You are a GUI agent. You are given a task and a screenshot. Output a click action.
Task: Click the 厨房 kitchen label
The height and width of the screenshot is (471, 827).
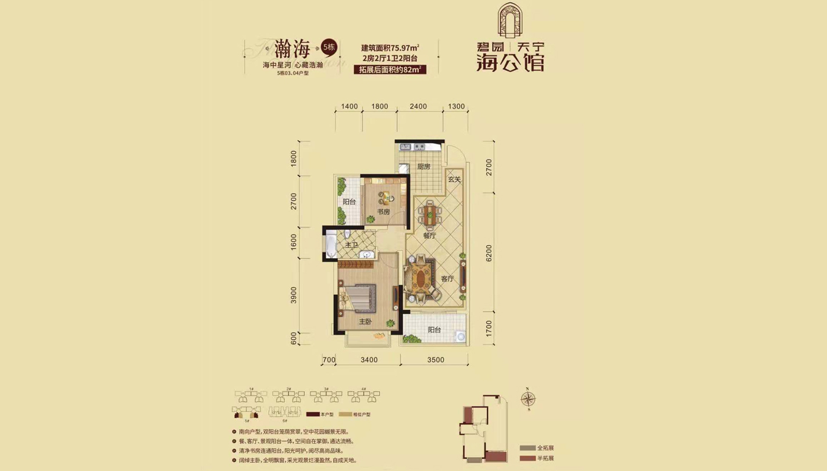(x=423, y=167)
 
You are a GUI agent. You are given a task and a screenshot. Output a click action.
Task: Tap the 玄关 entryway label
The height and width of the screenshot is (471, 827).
(x=454, y=180)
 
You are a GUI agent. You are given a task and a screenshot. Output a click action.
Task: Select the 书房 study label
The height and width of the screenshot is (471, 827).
(x=383, y=212)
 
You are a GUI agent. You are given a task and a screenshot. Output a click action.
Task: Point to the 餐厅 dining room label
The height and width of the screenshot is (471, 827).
(x=429, y=235)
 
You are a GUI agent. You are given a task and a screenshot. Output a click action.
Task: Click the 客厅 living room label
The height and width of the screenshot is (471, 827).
(x=447, y=279)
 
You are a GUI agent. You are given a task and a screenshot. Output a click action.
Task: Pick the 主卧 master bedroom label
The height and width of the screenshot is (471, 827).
(x=365, y=322)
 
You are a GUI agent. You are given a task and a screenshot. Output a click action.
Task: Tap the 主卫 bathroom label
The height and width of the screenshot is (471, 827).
(x=351, y=245)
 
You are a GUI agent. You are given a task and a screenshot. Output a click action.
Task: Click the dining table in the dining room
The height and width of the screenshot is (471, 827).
(x=430, y=213)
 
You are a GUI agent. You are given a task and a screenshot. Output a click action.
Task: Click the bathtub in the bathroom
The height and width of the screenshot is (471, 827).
(x=331, y=245)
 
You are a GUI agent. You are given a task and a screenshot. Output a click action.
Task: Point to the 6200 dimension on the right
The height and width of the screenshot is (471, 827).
(x=489, y=253)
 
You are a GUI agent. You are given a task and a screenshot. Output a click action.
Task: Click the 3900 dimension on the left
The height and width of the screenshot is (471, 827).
(x=294, y=295)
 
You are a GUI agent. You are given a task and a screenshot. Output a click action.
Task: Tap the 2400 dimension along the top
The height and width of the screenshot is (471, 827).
(x=418, y=106)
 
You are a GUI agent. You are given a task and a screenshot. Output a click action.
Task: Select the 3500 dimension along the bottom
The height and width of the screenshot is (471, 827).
(x=434, y=360)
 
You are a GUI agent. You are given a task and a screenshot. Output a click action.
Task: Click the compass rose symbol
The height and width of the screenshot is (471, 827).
(x=528, y=399)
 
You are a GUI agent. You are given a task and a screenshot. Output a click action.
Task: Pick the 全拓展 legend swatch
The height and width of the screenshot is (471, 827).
(x=527, y=448)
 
